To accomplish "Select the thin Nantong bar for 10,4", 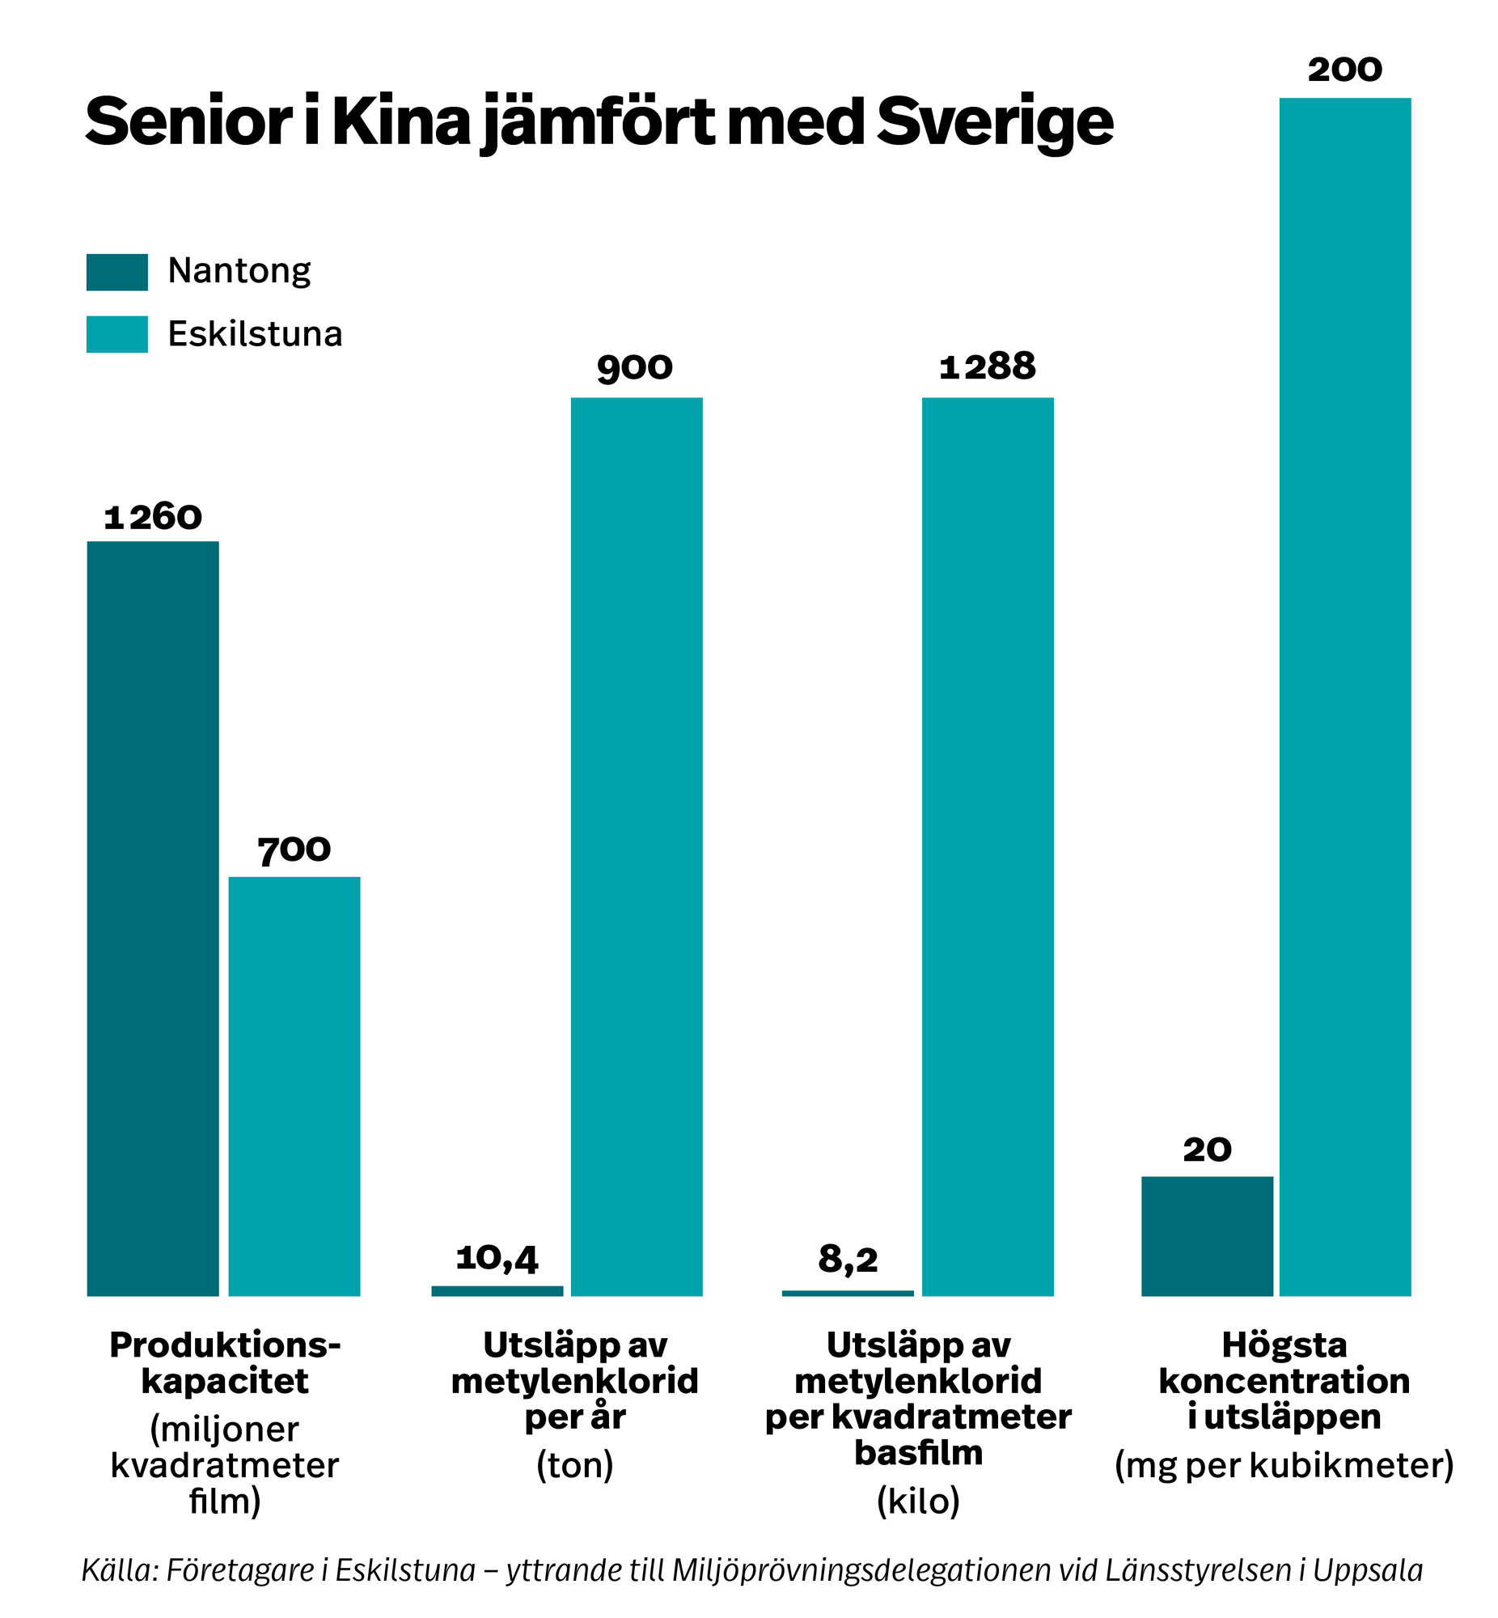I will point(497,1291).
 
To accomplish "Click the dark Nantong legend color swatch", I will point(116,273).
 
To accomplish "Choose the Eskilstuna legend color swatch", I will point(116,334).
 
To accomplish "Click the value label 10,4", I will point(497,1259).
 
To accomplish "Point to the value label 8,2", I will point(847,1260).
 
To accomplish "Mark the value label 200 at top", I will point(1344,70).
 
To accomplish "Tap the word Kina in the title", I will point(401,121).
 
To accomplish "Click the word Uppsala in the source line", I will point(1368,1570).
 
